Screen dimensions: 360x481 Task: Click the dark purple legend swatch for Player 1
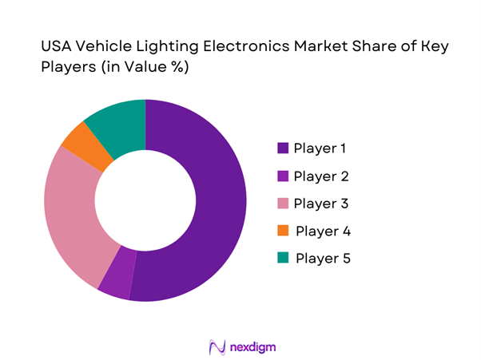(282, 148)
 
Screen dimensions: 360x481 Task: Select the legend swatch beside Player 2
(282, 176)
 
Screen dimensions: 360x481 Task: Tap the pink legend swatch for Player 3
(282, 204)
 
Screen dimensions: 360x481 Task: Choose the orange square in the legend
(282, 231)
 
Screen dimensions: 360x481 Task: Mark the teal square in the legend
(282, 259)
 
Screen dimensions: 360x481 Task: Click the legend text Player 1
(321, 148)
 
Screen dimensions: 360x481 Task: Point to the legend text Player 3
(321, 204)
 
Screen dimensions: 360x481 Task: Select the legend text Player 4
(323, 231)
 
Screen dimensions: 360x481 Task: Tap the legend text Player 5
(323, 259)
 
